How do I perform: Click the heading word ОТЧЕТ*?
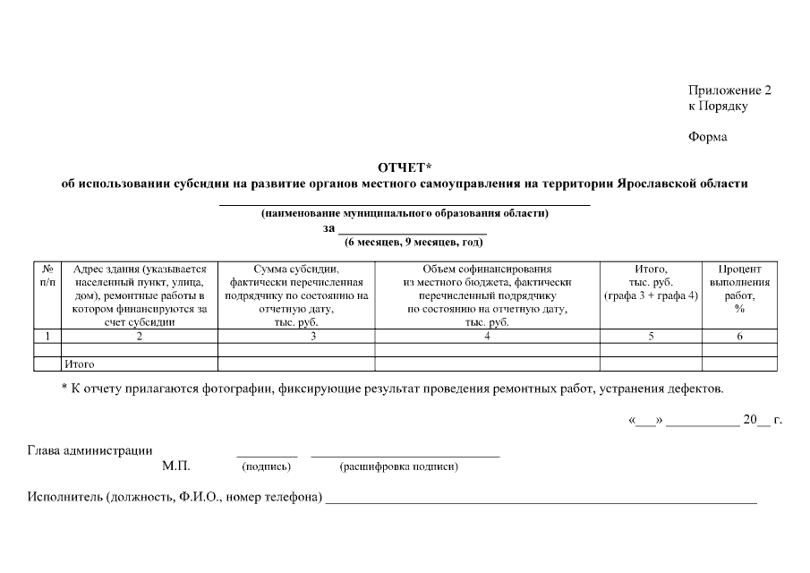coord(405,167)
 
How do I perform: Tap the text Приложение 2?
coord(729,90)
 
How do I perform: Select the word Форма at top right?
coord(707,137)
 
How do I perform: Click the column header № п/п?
coord(47,275)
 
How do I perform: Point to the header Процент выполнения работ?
coord(739,288)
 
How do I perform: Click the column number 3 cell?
coord(313,337)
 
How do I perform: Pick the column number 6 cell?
coord(739,337)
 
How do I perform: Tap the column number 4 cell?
coord(487,337)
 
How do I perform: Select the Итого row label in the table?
coord(80,364)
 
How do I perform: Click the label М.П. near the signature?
coord(176,466)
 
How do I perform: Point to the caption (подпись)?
coord(267,467)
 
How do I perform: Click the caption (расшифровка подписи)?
coord(399,467)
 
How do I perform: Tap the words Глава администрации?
coord(90,450)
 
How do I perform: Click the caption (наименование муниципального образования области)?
coord(405,213)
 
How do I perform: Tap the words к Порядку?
coord(718,107)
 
